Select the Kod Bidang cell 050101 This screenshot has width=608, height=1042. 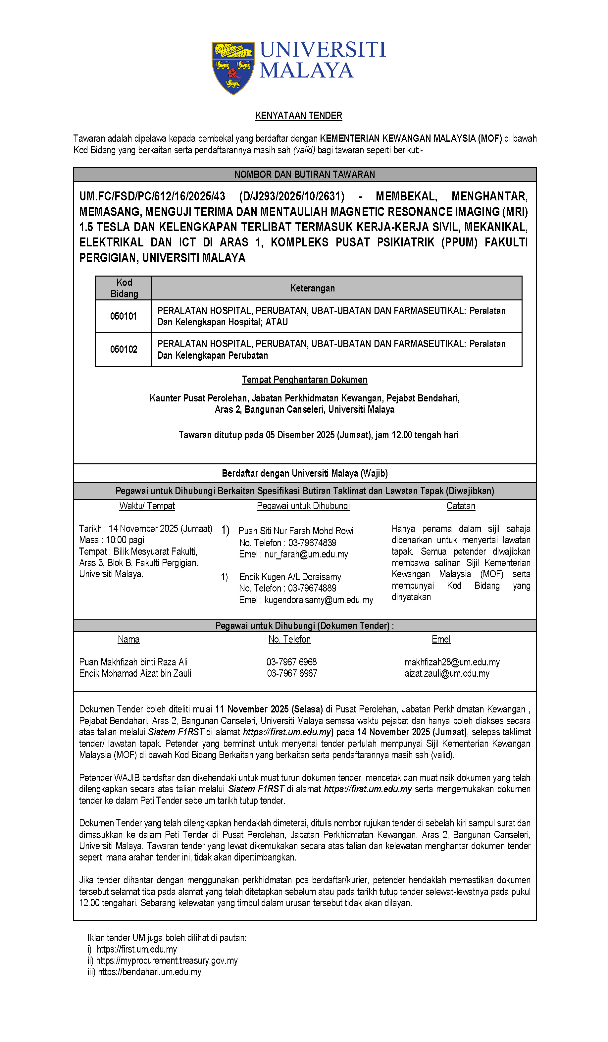(x=123, y=316)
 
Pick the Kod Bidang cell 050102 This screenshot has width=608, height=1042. (x=123, y=349)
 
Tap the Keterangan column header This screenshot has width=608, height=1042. (x=312, y=288)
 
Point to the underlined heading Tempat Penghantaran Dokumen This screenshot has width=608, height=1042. (x=304, y=380)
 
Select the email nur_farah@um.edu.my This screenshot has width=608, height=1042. (x=306, y=554)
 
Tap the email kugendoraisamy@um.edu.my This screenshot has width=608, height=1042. (x=319, y=600)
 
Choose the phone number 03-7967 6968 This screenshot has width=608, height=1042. (x=291, y=662)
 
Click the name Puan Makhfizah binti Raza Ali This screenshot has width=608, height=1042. (x=133, y=662)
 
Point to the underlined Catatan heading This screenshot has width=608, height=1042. (x=460, y=506)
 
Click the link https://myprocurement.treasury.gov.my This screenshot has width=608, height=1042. (x=167, y=961)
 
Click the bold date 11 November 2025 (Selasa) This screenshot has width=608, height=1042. (x=269, y=709)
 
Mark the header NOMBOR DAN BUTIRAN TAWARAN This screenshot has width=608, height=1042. (x=305, y=175)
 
